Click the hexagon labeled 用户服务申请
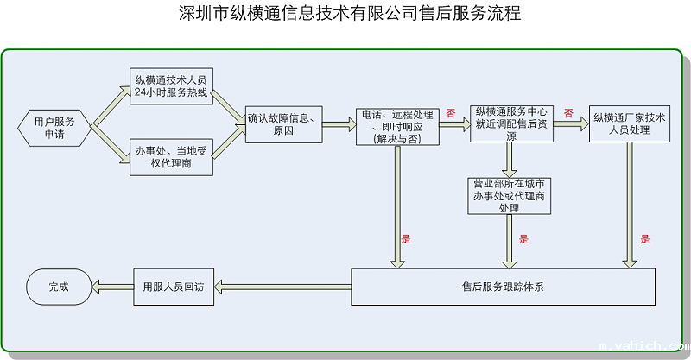(54, 126)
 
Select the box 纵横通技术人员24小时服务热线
(171, 86)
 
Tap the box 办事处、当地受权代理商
(171, 157)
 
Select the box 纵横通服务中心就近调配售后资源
(511, 123)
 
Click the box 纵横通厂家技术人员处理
(629, 123)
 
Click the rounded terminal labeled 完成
(58, 287)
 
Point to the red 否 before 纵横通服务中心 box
(451, 113)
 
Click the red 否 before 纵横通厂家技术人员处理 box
(568, 113)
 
